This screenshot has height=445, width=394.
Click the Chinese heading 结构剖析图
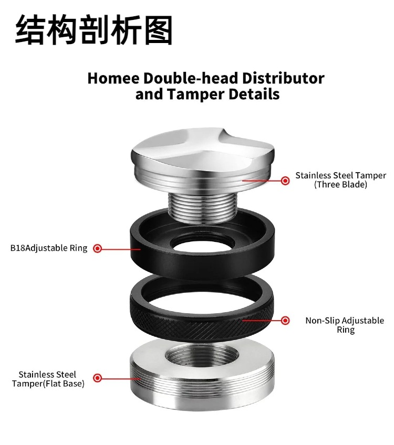[x=94, y=30]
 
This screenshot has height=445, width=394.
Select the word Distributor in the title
[x=283, y=79]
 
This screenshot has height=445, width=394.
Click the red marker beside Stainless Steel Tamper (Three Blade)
[x=285, y=181]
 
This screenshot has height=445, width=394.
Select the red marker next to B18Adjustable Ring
[x=97, y=248]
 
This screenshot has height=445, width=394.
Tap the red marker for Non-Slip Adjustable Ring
[x=285, y=320]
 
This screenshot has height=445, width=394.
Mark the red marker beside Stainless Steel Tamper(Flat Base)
[x=97, y=377]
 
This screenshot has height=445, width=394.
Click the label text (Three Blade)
[x=340, y=185]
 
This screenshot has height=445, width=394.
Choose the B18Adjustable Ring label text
[x=49, y=248]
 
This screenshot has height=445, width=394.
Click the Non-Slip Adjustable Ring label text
[x=345, y=325]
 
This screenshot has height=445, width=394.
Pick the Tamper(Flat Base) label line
[x=48, y=383]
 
